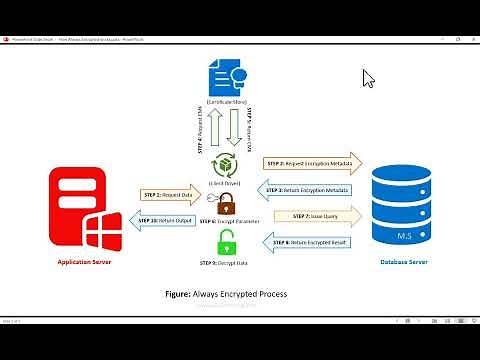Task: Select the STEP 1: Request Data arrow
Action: pos(171,193)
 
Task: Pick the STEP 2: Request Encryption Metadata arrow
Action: pos(311,162)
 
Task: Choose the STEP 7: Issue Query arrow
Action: pos(311,216)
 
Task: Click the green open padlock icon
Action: pos(229,241)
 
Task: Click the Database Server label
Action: pos(405,262)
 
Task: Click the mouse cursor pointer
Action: pos(368,78)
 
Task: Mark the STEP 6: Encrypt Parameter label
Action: pos(231,220)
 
